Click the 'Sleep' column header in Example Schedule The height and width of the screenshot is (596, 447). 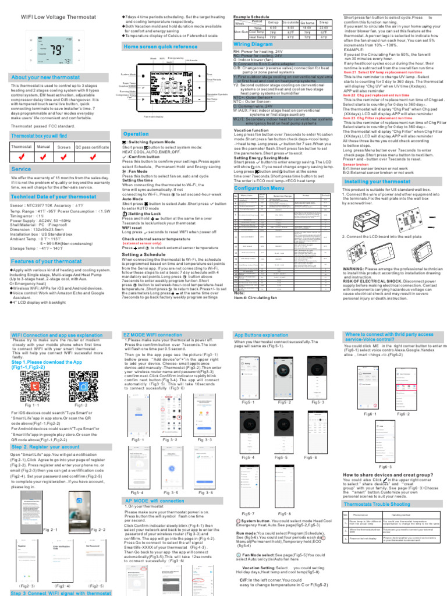pyautogui.click(x=324, y=22)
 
